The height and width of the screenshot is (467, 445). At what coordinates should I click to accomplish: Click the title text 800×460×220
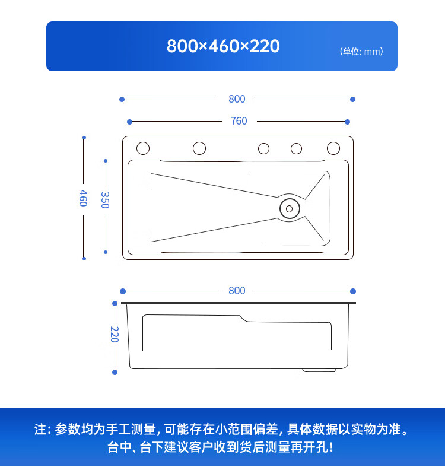(223, 46)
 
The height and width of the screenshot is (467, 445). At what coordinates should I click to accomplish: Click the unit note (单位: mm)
(361, 52)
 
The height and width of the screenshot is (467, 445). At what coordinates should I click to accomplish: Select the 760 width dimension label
(239, 121)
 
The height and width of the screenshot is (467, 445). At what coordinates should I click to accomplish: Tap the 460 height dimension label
(84, 198)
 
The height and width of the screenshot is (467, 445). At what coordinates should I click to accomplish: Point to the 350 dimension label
(105, 199)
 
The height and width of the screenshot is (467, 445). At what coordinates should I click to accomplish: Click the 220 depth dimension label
(115, 334)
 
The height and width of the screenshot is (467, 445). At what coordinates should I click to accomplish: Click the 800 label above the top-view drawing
(237, 99)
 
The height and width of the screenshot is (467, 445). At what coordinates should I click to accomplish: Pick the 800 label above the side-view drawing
(237, 291)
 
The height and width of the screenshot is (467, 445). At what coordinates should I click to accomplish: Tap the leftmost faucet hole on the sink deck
(142, 148)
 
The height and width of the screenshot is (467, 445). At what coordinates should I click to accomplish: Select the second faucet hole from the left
(199, 148)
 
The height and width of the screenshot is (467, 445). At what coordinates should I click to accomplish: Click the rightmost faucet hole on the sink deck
(333, 148)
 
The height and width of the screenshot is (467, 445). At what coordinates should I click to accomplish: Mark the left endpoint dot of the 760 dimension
(130, 122)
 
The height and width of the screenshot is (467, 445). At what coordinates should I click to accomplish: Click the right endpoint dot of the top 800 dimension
(352, 99)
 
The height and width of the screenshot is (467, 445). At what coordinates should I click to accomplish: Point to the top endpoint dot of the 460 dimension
(84, 138)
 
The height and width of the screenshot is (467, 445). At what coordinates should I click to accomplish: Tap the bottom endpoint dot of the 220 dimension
(115, 372)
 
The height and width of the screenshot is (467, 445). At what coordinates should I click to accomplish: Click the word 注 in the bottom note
(40, 429)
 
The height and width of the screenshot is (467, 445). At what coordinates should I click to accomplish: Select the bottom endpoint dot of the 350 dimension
(106, 252)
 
